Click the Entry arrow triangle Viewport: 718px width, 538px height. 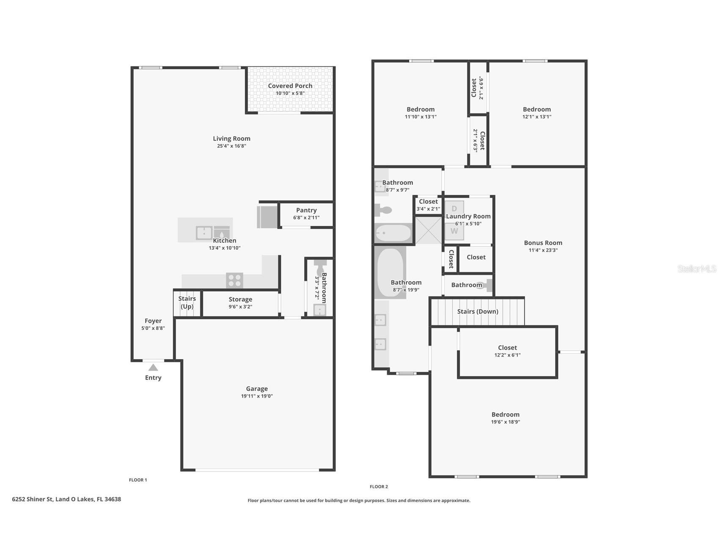tap(153, 368)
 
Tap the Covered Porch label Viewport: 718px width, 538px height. tap(290, 86)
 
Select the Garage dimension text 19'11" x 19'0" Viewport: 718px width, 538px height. tap(257, 396)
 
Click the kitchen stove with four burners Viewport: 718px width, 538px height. tap(234, 280)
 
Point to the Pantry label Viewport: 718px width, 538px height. tap(306, 210)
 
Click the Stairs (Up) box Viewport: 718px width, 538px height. tap(187, 303)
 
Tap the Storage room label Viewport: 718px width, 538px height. tap(240, 299)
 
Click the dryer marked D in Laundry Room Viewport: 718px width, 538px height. tap(454, 209)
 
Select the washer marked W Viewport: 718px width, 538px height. tap(454, 231)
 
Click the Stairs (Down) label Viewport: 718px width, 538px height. tap(478, 312)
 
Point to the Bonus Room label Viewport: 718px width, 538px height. tap(543, 243)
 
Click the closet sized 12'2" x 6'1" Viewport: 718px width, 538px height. tap(507, 351)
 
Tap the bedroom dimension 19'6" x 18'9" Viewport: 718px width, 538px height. tap(505, 422)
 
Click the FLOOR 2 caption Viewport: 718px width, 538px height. tap(379, 487)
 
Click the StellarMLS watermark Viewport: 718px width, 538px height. tap(696, 269)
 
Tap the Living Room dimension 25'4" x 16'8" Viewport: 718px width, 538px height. tap(231, 146)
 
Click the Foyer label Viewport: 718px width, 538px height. tap(153, 321)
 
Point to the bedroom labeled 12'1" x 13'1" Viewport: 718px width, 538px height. tap(536, 113)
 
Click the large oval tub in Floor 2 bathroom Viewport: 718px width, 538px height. tap(390, 273)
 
